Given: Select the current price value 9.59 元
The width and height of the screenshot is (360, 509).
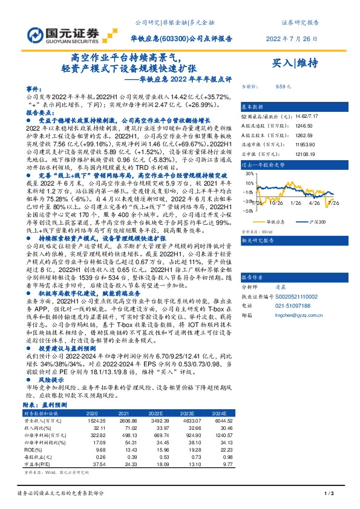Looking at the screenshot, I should point(284,86).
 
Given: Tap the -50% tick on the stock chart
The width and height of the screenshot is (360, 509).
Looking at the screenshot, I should point(248,211).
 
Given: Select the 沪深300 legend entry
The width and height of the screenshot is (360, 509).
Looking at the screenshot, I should point(319,221).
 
